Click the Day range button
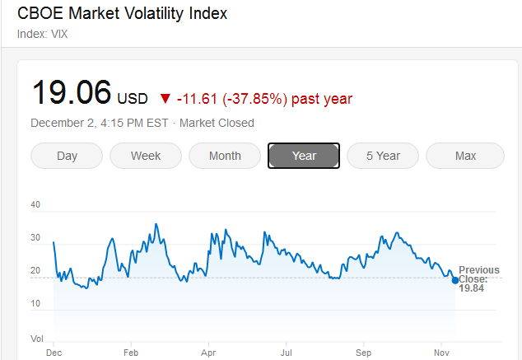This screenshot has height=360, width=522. pyautogui.click(x=67, y=156)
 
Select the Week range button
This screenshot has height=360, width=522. pyautogui.click(x=146, y=156)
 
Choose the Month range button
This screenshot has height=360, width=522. pyautogui.click(x=225, y=156)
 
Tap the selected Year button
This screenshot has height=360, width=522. pyautogui.click(x=304, y=156)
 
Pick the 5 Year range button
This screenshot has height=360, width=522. pyautogui.click(x=383, y=156)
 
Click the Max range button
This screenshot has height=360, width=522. pyautogui.click(x=465, y=156)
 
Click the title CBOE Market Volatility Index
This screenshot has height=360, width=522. pyautogui.click(x=122, y=14)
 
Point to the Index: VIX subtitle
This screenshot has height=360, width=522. pyautogui.click(x=42, y=34)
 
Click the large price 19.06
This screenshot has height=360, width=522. pyautogui.click(x=71, y=92)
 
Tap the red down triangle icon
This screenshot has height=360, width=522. pyautogui.click(x=165, y=99)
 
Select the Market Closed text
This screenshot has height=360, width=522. pyautogui.click(x=217, y=123)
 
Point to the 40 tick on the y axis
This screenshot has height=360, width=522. pyautogui.click(x=35, y=204)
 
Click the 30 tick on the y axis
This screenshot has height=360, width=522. pyautogui.click(x=35, y=238)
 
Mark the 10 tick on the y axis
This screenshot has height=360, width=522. pyautogui.click(x=35, y=304)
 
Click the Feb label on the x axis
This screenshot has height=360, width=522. pyautogui.click(x=131, y=352)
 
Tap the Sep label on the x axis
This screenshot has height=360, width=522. pyautogui.click(x=363, y=352)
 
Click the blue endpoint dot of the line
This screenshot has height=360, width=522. pyautogui.click(x=455, y=280)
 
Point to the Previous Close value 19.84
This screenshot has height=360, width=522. pyautogui.click(x=471, y=288)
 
